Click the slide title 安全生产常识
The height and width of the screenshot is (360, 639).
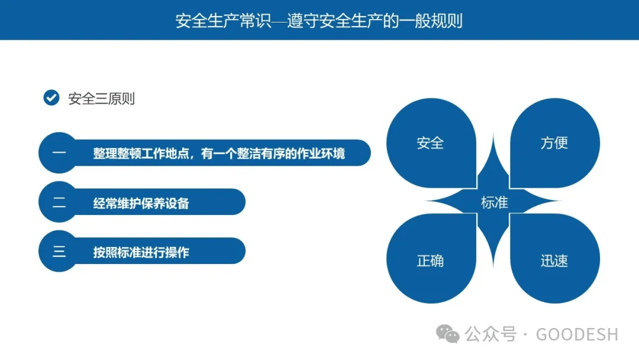tap(223, 21)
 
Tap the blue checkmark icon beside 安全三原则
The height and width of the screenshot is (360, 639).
tap(51, 98)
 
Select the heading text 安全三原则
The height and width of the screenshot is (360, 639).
tap(102, 98)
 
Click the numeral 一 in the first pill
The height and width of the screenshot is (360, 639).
tap(59, 153)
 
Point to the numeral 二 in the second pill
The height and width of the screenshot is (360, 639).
tap(59, 203)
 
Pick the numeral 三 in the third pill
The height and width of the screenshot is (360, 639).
tap(59, 252)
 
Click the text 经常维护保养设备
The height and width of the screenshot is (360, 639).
tap(141, 203)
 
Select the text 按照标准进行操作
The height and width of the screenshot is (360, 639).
tap(141, 252)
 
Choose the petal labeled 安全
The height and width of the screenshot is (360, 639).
tap(430, 143)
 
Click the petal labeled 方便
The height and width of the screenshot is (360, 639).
tap(554, 143)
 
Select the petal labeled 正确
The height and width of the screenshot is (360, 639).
tap(430, 261)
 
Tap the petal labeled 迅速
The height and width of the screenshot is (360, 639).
tap(554, 261)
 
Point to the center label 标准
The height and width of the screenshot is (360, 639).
tap(494, 202)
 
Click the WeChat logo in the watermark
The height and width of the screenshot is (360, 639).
tap(448, 334)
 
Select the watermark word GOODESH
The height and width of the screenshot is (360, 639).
tap(577, 335)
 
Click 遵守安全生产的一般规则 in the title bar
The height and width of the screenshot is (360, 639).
tap(375, 21)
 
